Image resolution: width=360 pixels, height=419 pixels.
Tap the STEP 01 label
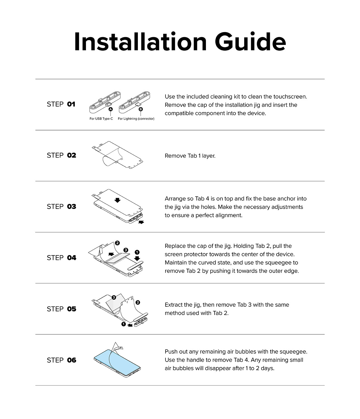click(61, 104)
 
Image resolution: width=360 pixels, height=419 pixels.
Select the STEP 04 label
click(61, 258)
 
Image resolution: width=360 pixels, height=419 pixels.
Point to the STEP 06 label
click(61, 360)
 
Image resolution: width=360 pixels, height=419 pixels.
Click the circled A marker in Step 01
click(111, 109)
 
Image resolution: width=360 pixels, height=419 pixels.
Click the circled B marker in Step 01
click(141, 109)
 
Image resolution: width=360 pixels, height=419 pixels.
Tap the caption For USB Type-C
click(101, 119)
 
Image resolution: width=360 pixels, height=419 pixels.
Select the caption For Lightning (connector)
click(136, 119)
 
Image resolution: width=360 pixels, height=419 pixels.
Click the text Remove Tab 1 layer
click(190, 156)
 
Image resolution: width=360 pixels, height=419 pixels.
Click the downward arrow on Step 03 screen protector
click(117, 200)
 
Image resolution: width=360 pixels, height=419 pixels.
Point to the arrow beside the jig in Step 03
click(141, 222)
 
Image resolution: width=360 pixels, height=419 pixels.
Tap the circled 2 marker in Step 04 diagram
click(117, 243)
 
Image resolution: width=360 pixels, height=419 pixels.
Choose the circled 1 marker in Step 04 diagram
click(137, 252)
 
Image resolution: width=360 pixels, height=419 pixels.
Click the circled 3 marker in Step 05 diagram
click(114, 297)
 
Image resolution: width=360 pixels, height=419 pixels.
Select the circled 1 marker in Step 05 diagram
click(124, 324)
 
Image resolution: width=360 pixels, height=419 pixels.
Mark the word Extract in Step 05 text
click(173, 305)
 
